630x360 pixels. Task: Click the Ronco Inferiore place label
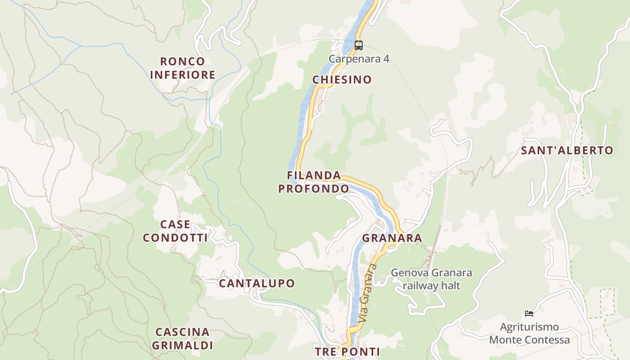tap(182, 68)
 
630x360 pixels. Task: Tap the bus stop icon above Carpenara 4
tap(358, 45)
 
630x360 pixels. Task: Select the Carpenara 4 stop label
tap(359, 59)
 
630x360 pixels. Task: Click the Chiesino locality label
tap(342, 80)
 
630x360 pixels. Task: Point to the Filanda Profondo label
tap(314, 182)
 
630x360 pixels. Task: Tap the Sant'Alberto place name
tap(567, 150)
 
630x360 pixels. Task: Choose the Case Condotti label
tap(175, 231)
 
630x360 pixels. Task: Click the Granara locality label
tap(392, 238)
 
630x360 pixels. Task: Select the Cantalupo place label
tap(256, 283)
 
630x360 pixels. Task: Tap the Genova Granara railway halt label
tap(431, 279)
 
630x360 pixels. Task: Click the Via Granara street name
tap(367, 293)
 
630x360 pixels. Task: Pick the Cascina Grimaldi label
tap(182, 339)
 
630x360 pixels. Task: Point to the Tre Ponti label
tap(347, 351)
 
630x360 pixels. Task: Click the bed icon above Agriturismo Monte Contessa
tap(529, 313)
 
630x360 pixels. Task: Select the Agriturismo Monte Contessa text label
tap(529, 333)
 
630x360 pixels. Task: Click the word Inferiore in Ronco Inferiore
tap(182, 75)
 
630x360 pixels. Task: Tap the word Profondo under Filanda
tap(314, 189)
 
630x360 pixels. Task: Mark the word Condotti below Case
tap(175, 238)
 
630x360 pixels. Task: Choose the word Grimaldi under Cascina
tap(182, 346)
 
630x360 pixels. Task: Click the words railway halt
tap(431, 285)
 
